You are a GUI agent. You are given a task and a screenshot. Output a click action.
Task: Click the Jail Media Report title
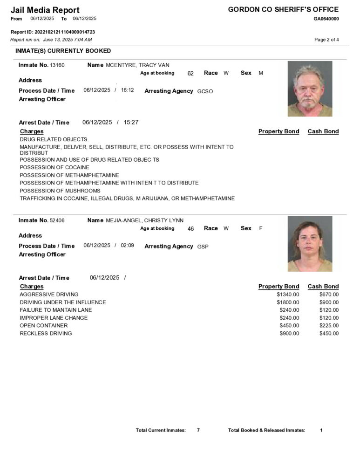45,10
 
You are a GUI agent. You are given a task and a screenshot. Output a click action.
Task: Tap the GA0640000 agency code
326,19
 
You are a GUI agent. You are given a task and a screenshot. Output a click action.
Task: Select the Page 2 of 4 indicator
326,40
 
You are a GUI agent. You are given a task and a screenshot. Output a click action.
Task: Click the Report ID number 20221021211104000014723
65,32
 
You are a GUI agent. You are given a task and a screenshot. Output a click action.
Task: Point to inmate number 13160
57,65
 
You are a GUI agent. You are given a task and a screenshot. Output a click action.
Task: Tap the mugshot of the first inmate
310,89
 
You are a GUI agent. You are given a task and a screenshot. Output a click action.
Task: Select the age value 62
190,74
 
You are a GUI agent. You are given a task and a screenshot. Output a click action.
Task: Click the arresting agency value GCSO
205,91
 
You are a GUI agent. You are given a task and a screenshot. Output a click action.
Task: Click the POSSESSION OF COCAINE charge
54,167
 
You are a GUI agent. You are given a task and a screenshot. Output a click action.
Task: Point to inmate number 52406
57,220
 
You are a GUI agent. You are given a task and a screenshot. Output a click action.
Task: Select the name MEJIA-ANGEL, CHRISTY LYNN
145,220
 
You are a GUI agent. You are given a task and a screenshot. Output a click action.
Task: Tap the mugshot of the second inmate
310,244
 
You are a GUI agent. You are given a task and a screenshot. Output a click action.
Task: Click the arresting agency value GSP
203,247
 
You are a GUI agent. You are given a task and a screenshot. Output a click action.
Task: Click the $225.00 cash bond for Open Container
329,326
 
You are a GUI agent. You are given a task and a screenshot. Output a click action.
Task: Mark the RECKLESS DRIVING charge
46,334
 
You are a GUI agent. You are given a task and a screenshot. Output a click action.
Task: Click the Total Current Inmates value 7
198,430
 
